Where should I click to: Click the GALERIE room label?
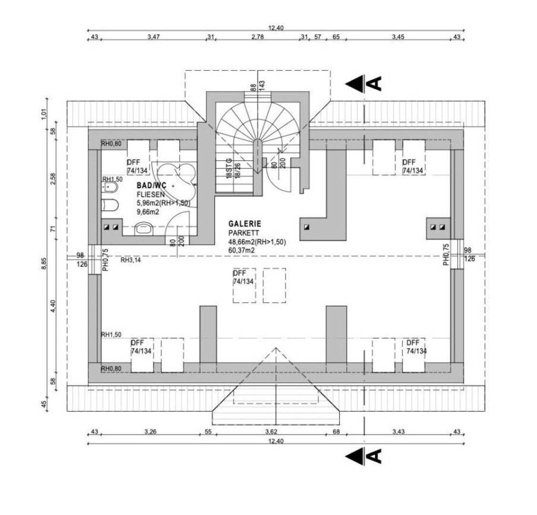245,224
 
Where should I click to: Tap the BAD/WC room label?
151,185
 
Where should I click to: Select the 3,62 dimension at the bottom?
271,432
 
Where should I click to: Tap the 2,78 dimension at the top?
258,37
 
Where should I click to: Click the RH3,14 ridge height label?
131,260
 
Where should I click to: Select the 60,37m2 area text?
241,250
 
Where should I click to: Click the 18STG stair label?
229,168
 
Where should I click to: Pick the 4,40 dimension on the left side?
53,306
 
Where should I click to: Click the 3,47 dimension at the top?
154,37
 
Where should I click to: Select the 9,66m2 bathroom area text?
148,212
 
